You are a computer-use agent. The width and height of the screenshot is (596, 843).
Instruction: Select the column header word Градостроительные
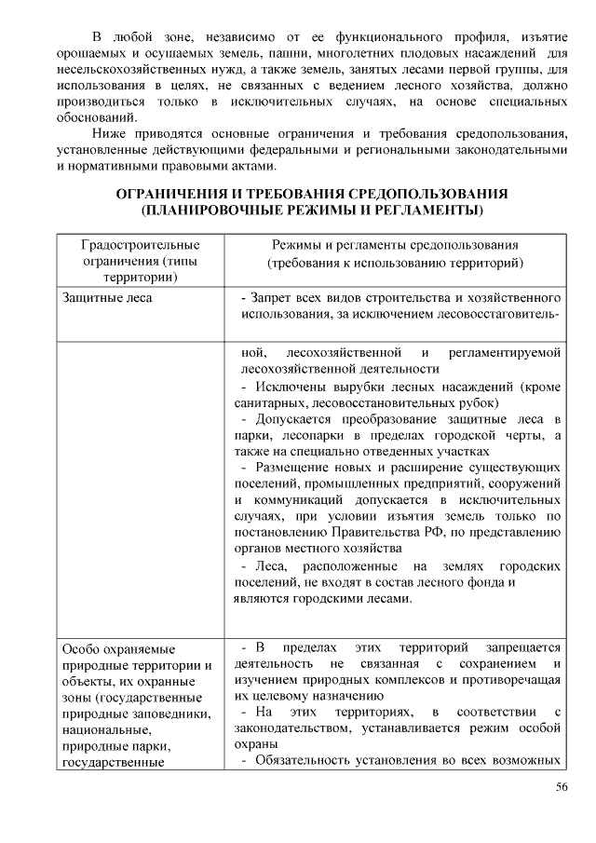pos(141,245)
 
